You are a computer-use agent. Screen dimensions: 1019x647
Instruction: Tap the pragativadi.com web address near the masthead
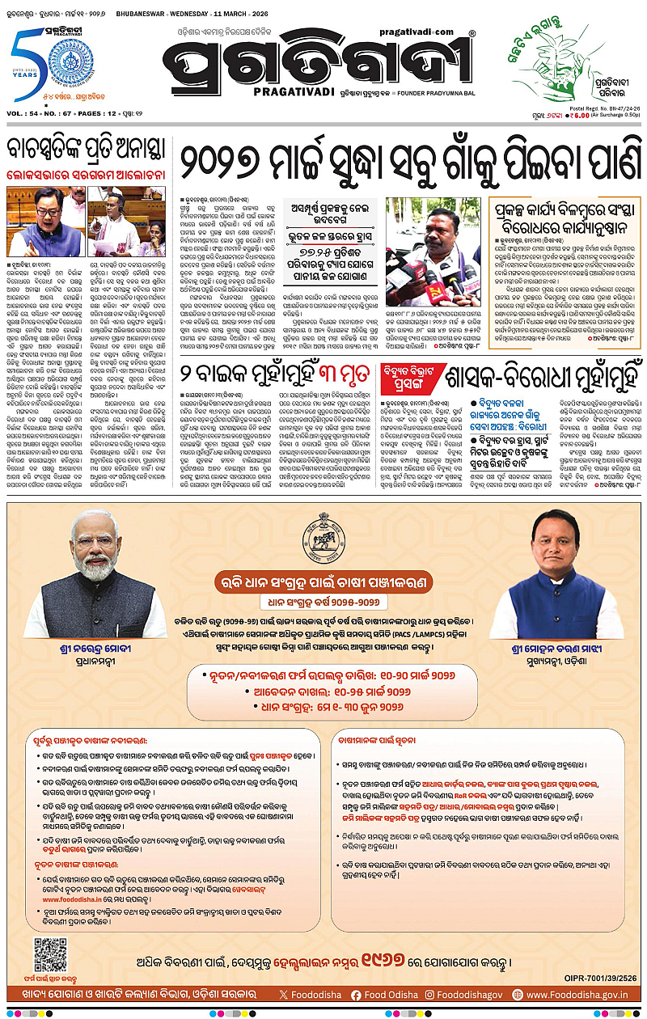433,31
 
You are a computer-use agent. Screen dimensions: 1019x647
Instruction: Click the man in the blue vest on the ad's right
560,566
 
